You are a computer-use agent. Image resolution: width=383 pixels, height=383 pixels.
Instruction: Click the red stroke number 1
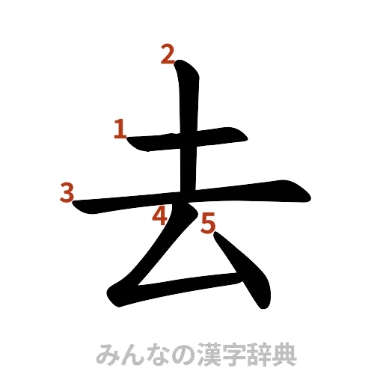point(120,129)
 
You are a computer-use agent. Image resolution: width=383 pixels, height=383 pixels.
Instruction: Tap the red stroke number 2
point(168,54)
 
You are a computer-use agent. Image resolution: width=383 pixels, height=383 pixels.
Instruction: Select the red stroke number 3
point(68,193)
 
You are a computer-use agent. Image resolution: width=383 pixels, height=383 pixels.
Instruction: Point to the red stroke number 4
point(159,216)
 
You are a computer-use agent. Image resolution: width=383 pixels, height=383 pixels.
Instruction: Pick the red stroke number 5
point(207,221)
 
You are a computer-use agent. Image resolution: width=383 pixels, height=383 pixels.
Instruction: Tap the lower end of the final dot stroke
point(264,303)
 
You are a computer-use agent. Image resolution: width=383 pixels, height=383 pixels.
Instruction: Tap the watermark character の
point(180,354)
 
